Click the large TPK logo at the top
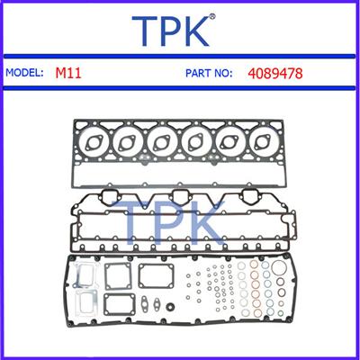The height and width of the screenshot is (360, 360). [170, 31]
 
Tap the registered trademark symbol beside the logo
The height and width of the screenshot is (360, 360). [211, 17]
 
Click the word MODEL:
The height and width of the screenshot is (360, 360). [24, 73]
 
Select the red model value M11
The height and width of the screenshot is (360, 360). [68, 73]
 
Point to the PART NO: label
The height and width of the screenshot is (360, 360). [209, 73]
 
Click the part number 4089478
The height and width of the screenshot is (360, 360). [275, 73]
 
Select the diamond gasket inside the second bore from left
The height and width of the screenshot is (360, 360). [129, 143]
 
